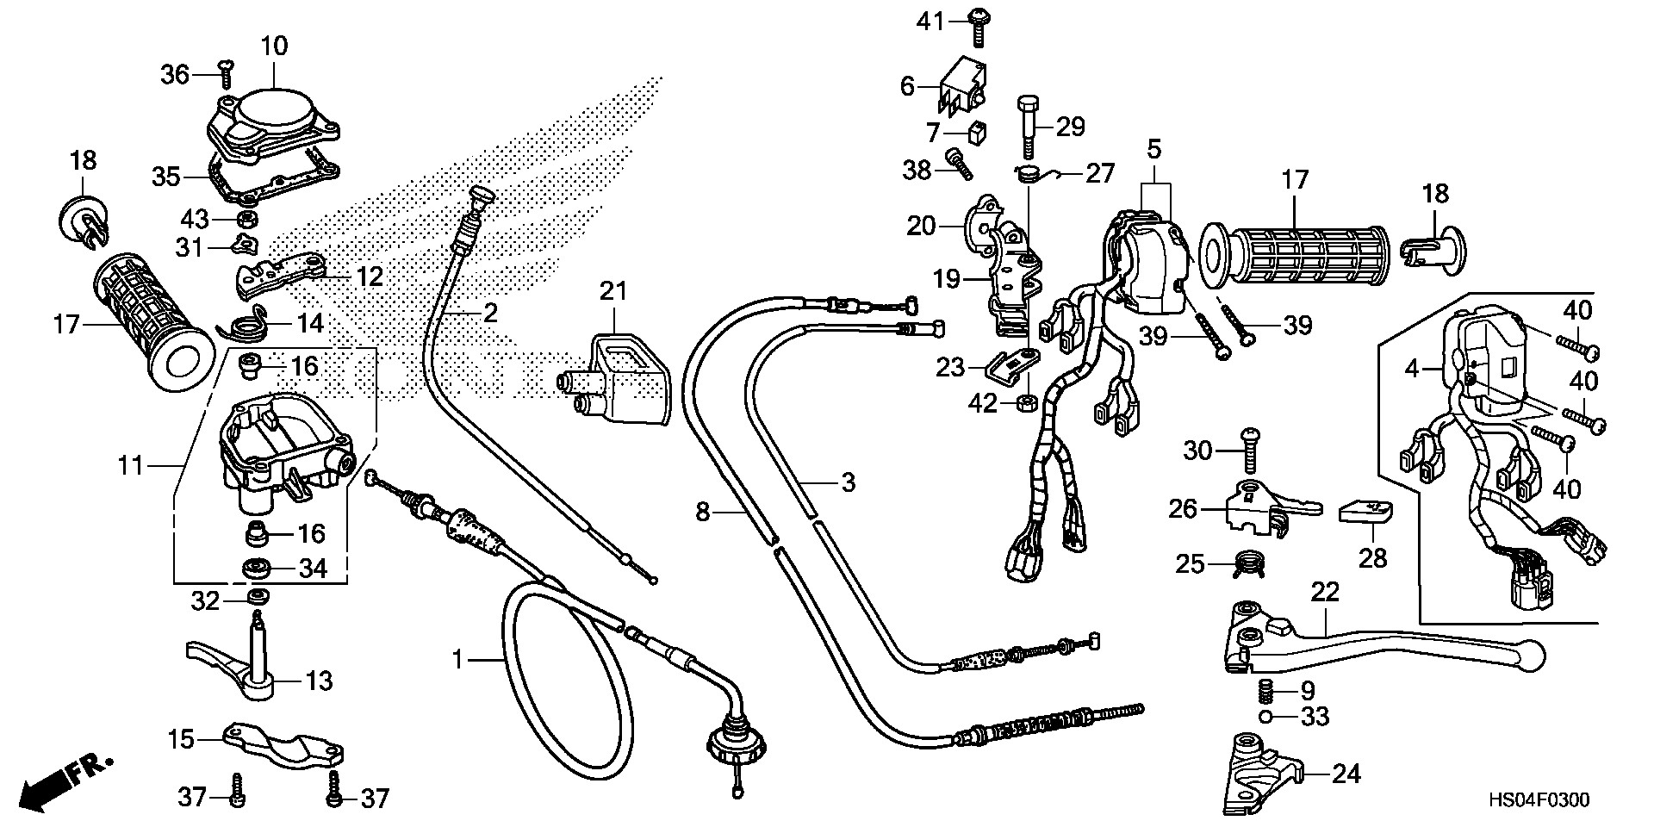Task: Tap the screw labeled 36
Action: (x=227, y=74)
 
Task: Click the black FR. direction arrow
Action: (x=42, y=786)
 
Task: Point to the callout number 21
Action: (x=613, y=291)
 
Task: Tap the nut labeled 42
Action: (x=1025, y=401)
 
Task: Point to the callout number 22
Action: (x=1326, y=592)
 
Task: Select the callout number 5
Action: (x=1153, y=148)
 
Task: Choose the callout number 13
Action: (x=319, y=681)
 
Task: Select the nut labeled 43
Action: (x=246, y=216)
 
